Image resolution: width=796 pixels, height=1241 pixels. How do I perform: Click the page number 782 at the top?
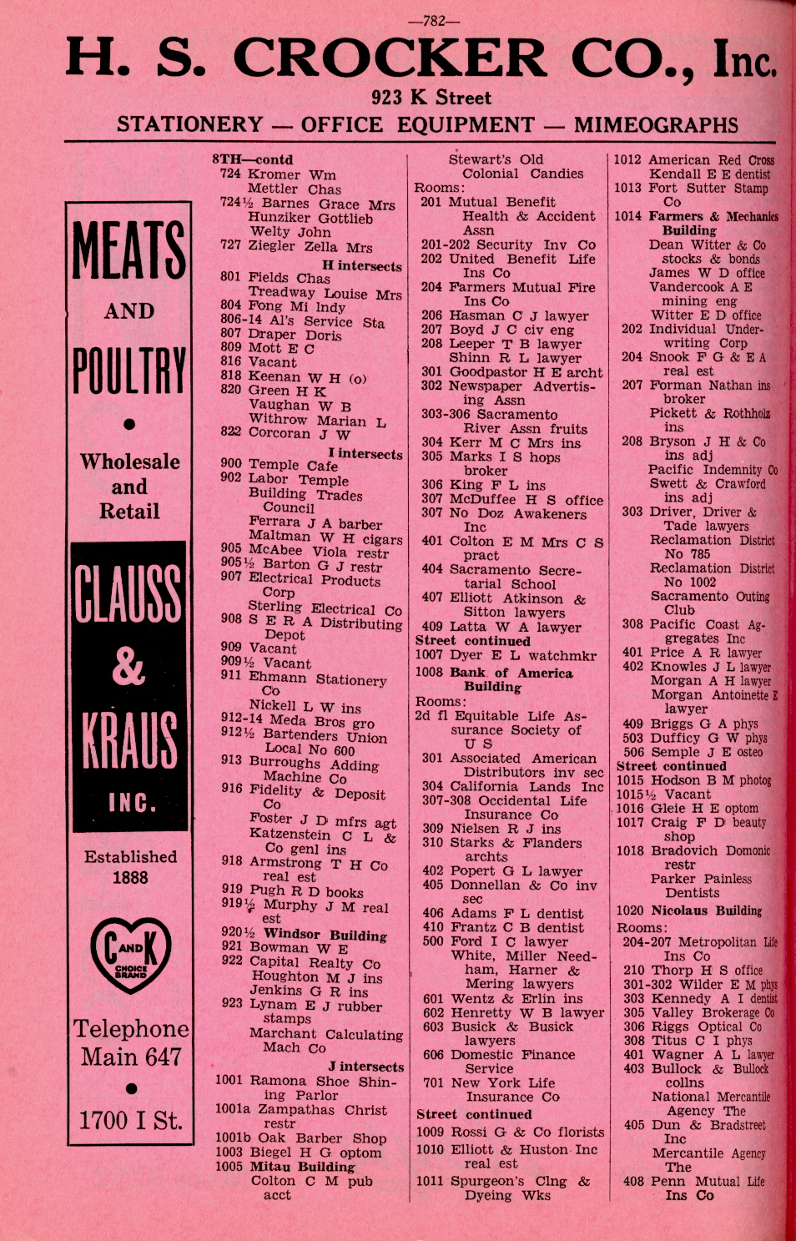433,21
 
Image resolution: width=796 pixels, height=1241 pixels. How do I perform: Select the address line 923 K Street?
431,98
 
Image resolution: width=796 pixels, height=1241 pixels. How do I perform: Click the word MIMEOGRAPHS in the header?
656,125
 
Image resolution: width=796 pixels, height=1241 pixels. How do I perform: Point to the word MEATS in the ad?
128,250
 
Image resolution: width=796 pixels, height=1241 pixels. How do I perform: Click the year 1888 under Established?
129,878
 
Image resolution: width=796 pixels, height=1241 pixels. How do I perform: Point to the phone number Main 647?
130,1057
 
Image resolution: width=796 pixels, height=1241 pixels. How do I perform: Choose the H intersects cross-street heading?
361,266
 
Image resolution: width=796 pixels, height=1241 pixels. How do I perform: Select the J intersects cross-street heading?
365,1067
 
